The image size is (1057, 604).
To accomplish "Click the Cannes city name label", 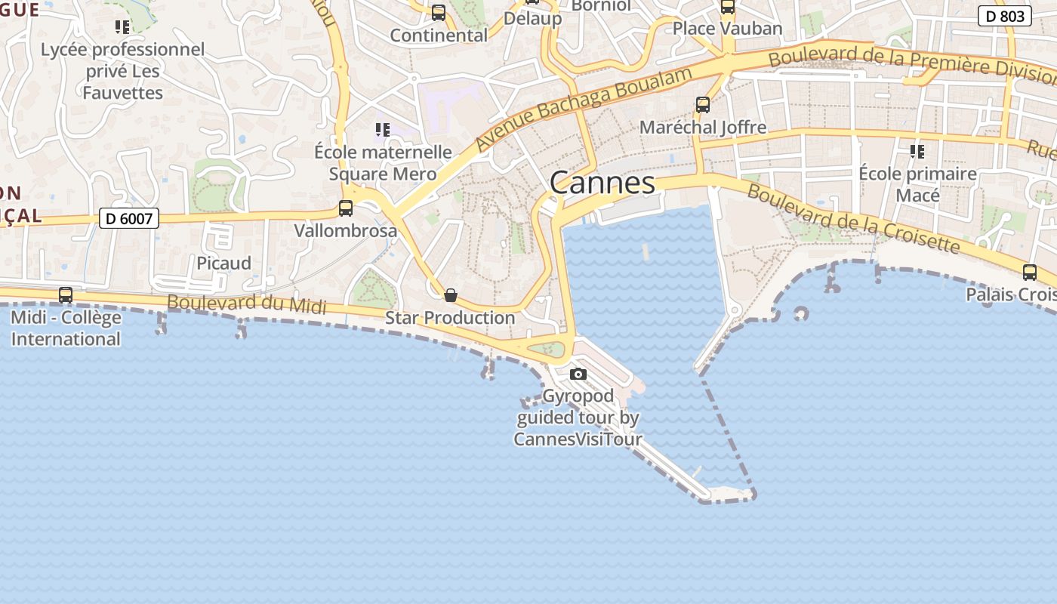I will click(x=602, y=183).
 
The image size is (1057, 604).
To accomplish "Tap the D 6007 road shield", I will click(x=129, y=219).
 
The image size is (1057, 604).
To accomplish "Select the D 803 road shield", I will click(x=1005, y=16).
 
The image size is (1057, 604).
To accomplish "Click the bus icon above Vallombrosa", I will click(x=346, y=208).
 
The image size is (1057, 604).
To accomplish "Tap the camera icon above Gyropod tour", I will click(x=578, y=374).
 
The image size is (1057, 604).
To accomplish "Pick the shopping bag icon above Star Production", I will click(x=451, y=294).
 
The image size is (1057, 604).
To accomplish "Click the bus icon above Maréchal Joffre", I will click(x=703, y=105).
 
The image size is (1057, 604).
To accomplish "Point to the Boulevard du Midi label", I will click(x=247, y=304).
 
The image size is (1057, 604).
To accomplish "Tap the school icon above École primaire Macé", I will click(x=917, y=152).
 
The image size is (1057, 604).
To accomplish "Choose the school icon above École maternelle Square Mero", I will click(x=383, y=130).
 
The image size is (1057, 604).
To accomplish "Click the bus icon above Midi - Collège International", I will click(x=66, y=294).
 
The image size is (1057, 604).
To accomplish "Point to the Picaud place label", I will click(x=223, y=263).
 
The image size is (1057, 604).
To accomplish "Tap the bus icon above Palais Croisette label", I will click(x=1030, y=273).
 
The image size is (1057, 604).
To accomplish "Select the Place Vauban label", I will click(x=727, y=29).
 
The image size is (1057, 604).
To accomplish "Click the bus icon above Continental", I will click(x=439, y=13).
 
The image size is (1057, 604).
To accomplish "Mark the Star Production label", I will click(x=450, y=318).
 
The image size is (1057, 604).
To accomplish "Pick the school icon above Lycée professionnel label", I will click(x=122, y=28).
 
